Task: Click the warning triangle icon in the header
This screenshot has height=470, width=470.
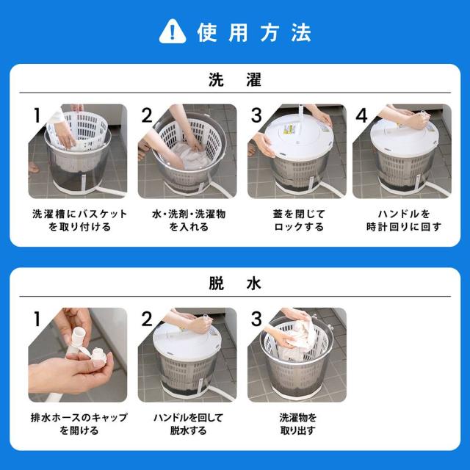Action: (x=171, y=32)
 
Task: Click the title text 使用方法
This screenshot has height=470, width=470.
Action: (x=254, y=32)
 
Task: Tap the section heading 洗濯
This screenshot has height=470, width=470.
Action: (x=235, y=81)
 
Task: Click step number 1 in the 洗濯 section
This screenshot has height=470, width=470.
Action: (x=36, y=115)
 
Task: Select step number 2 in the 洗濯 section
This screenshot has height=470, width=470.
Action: (x=146, y=115)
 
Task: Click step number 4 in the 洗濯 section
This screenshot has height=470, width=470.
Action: (x=361, y=115)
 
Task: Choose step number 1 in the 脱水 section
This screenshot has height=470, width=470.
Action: (x=36, y=319)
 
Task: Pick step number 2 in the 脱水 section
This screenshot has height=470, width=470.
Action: (x=146, y=319)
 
